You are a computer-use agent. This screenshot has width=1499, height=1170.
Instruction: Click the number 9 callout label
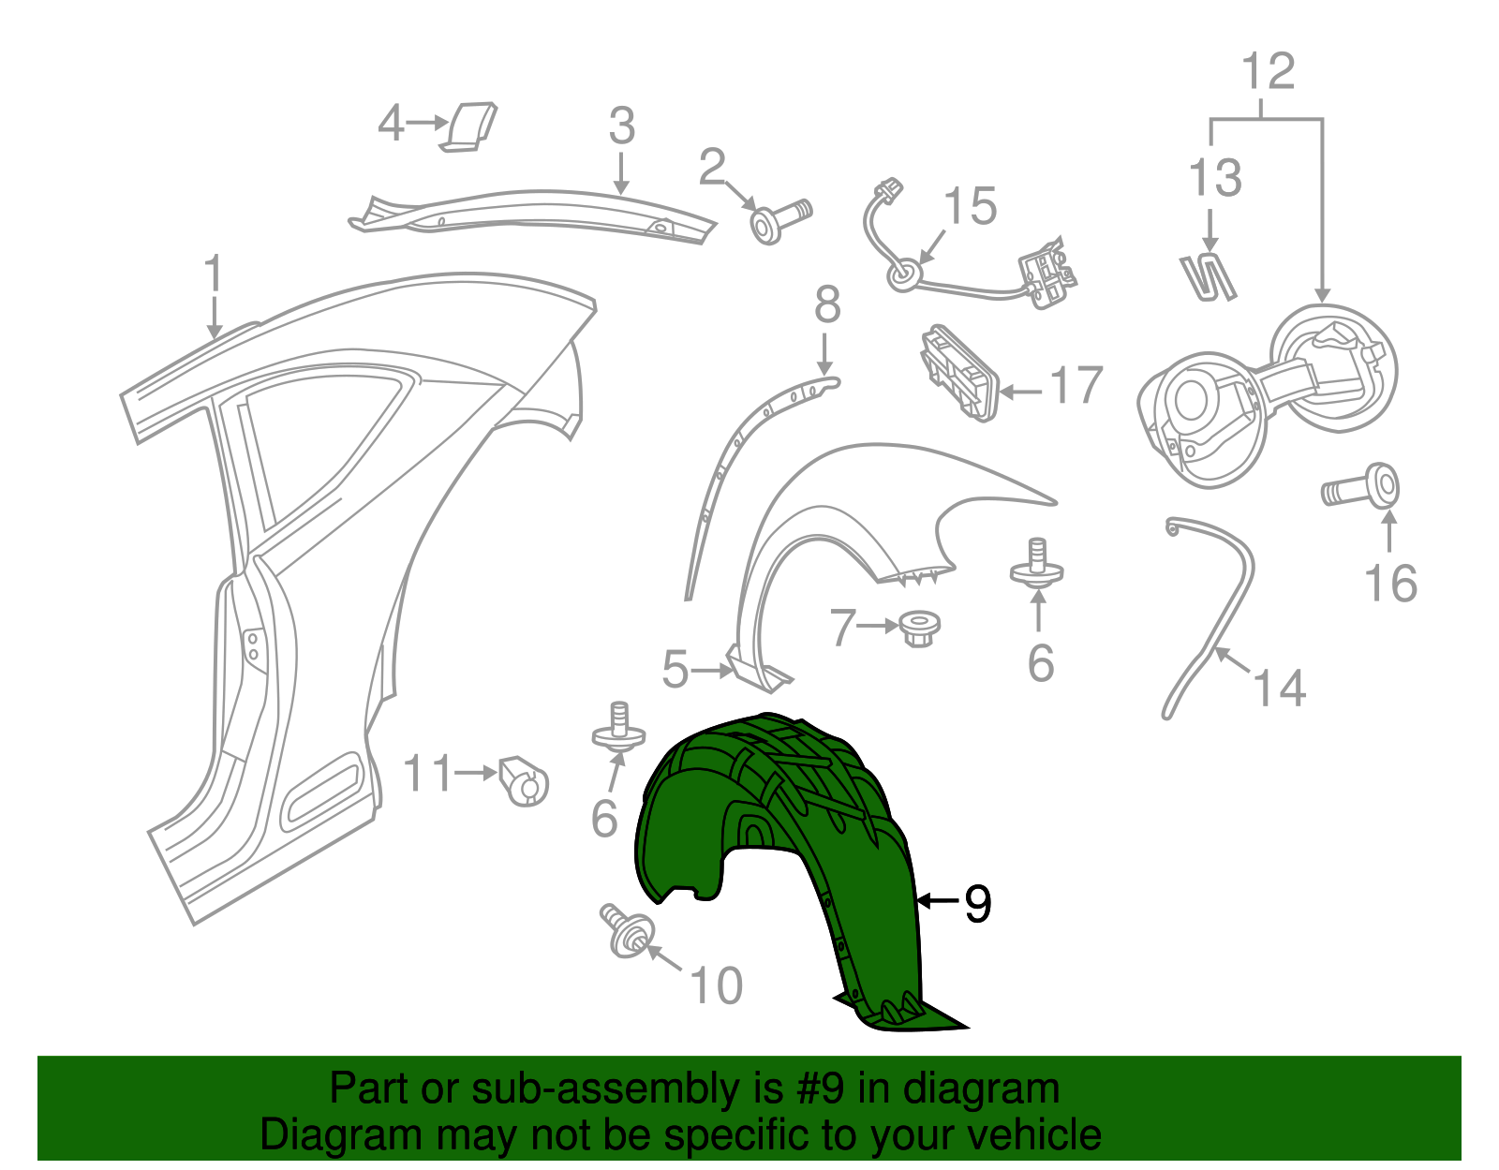[x=977, y=903]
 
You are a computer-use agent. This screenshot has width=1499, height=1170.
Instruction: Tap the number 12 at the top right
[x=1268, y=71]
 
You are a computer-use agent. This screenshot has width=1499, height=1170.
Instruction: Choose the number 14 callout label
[x=1279, y=689]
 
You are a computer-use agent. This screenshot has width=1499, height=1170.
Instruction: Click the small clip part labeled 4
[x=471, y=126]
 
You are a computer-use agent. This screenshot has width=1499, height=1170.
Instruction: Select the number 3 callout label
[x=621, y=126]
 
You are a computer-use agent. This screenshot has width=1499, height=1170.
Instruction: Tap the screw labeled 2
[x=779, y=220]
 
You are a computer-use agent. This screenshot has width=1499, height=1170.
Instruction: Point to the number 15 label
[x=970, y=206]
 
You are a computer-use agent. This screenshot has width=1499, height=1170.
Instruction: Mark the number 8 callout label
[x=826, y=305]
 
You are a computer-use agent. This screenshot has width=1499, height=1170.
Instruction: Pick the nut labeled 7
[x=918, y=629]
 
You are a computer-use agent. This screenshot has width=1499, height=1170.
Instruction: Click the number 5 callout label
[x=675, y=670]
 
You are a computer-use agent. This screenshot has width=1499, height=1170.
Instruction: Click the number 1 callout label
[x=214, y=274]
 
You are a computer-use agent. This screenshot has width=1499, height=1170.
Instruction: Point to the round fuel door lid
[x=1335, y=366]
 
